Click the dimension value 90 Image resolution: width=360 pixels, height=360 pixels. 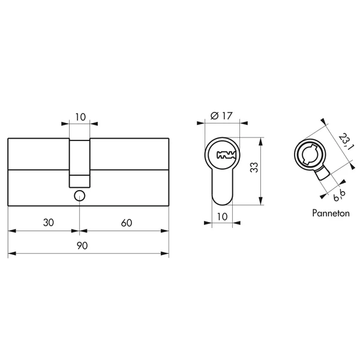point(82,245)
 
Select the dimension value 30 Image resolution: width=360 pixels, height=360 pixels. point(49,223)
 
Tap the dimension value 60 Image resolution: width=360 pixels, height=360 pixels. point(127,223)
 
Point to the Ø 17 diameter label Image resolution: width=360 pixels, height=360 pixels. point(221,116)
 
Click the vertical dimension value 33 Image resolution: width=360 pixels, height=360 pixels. point(254,167)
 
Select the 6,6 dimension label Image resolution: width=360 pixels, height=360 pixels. point(340,196)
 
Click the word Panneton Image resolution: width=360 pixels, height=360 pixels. point(331,213)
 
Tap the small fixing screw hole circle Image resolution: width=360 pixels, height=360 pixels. point(79,196)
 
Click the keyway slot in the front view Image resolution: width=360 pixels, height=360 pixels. point(226,155)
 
